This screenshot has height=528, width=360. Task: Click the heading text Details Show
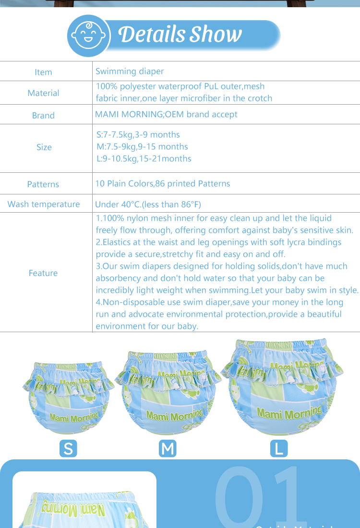coord(180,34)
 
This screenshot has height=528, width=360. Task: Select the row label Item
coord(43,72)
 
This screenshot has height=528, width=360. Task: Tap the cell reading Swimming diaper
coord(130,72)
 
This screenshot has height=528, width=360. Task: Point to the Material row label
coord(43,93)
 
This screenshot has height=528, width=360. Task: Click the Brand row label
coord(43,115)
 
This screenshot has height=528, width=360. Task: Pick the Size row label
coord(44,147)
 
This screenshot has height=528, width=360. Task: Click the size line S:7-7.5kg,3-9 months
coord(138,135)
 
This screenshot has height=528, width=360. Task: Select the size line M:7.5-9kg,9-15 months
coord(142,147)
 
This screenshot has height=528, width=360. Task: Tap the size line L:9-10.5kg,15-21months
coord(144,159)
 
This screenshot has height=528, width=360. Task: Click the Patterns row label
coord(43,184)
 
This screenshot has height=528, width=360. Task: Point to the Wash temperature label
coord(44,204)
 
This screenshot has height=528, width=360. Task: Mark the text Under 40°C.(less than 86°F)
coord(148,204)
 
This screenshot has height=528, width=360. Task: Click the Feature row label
coord(43,273)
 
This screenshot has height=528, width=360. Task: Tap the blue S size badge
coord(68,448)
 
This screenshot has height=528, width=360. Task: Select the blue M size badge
coord(168,448)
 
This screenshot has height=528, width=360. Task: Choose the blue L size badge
coord(279,448)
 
